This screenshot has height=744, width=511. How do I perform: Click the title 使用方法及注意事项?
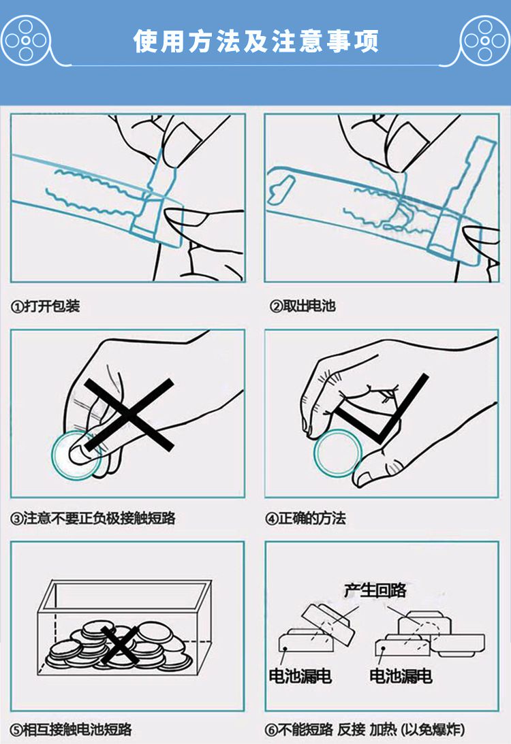(x=255, y=41)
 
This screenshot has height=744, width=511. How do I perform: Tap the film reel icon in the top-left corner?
(x=26, y=40)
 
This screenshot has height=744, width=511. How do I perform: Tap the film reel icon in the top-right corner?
(x=485, y=40)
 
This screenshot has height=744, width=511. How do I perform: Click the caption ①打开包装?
(x=45, y=306)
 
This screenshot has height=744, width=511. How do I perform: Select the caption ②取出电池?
(x=303, y=306)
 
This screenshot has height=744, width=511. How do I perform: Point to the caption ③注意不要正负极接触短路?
(x=93, y=517)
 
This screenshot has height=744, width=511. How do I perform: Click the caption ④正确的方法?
(x=305, y=517)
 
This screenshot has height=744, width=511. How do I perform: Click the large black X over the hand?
(x=129, y=415)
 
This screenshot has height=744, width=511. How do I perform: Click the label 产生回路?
(x=375, y=590)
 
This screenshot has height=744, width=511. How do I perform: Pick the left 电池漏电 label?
(x=300, y=676)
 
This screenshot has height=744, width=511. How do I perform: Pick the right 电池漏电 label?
(x=401, y=676)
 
